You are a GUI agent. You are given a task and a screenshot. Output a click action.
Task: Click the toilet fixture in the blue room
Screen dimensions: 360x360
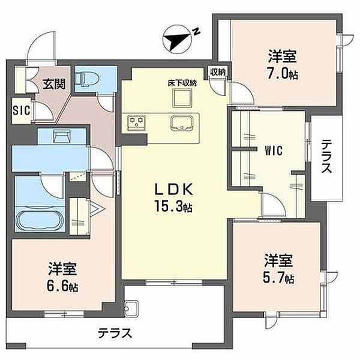[x=88, y=79]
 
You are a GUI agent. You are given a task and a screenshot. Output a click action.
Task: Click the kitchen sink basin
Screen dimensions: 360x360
[x=182, y=123]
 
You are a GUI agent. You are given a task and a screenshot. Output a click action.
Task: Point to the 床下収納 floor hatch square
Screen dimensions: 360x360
[x=182, y=98]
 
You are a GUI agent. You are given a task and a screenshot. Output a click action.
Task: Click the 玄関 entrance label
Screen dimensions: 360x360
[x=55, y=84]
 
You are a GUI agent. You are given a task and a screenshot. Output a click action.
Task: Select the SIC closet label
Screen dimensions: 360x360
[x=22, y=110]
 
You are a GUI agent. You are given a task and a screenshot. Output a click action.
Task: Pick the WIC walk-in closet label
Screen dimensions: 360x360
[x=274, y=151]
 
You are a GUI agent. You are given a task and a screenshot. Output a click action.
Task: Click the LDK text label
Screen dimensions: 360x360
[x=174, y=190]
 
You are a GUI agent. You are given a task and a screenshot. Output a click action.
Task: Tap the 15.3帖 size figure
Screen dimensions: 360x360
[x=173, y=206]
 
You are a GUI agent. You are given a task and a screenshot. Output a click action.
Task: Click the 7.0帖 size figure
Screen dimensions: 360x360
[x=283, y=74]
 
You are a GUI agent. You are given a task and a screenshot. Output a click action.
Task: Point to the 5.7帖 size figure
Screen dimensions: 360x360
[x=278, y=277]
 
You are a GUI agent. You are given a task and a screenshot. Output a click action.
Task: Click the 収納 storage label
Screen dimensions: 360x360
[x=218, y=72]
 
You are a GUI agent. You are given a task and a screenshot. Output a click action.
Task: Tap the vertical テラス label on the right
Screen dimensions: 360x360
[x=326, y=157]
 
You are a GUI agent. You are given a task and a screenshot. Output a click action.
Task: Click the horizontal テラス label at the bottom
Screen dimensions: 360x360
[x=115, y=333]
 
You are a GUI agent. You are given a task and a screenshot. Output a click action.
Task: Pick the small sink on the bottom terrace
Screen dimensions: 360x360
[x=131, y=308]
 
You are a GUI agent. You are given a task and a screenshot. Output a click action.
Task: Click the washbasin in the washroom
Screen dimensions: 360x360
[x=62, y=136]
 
